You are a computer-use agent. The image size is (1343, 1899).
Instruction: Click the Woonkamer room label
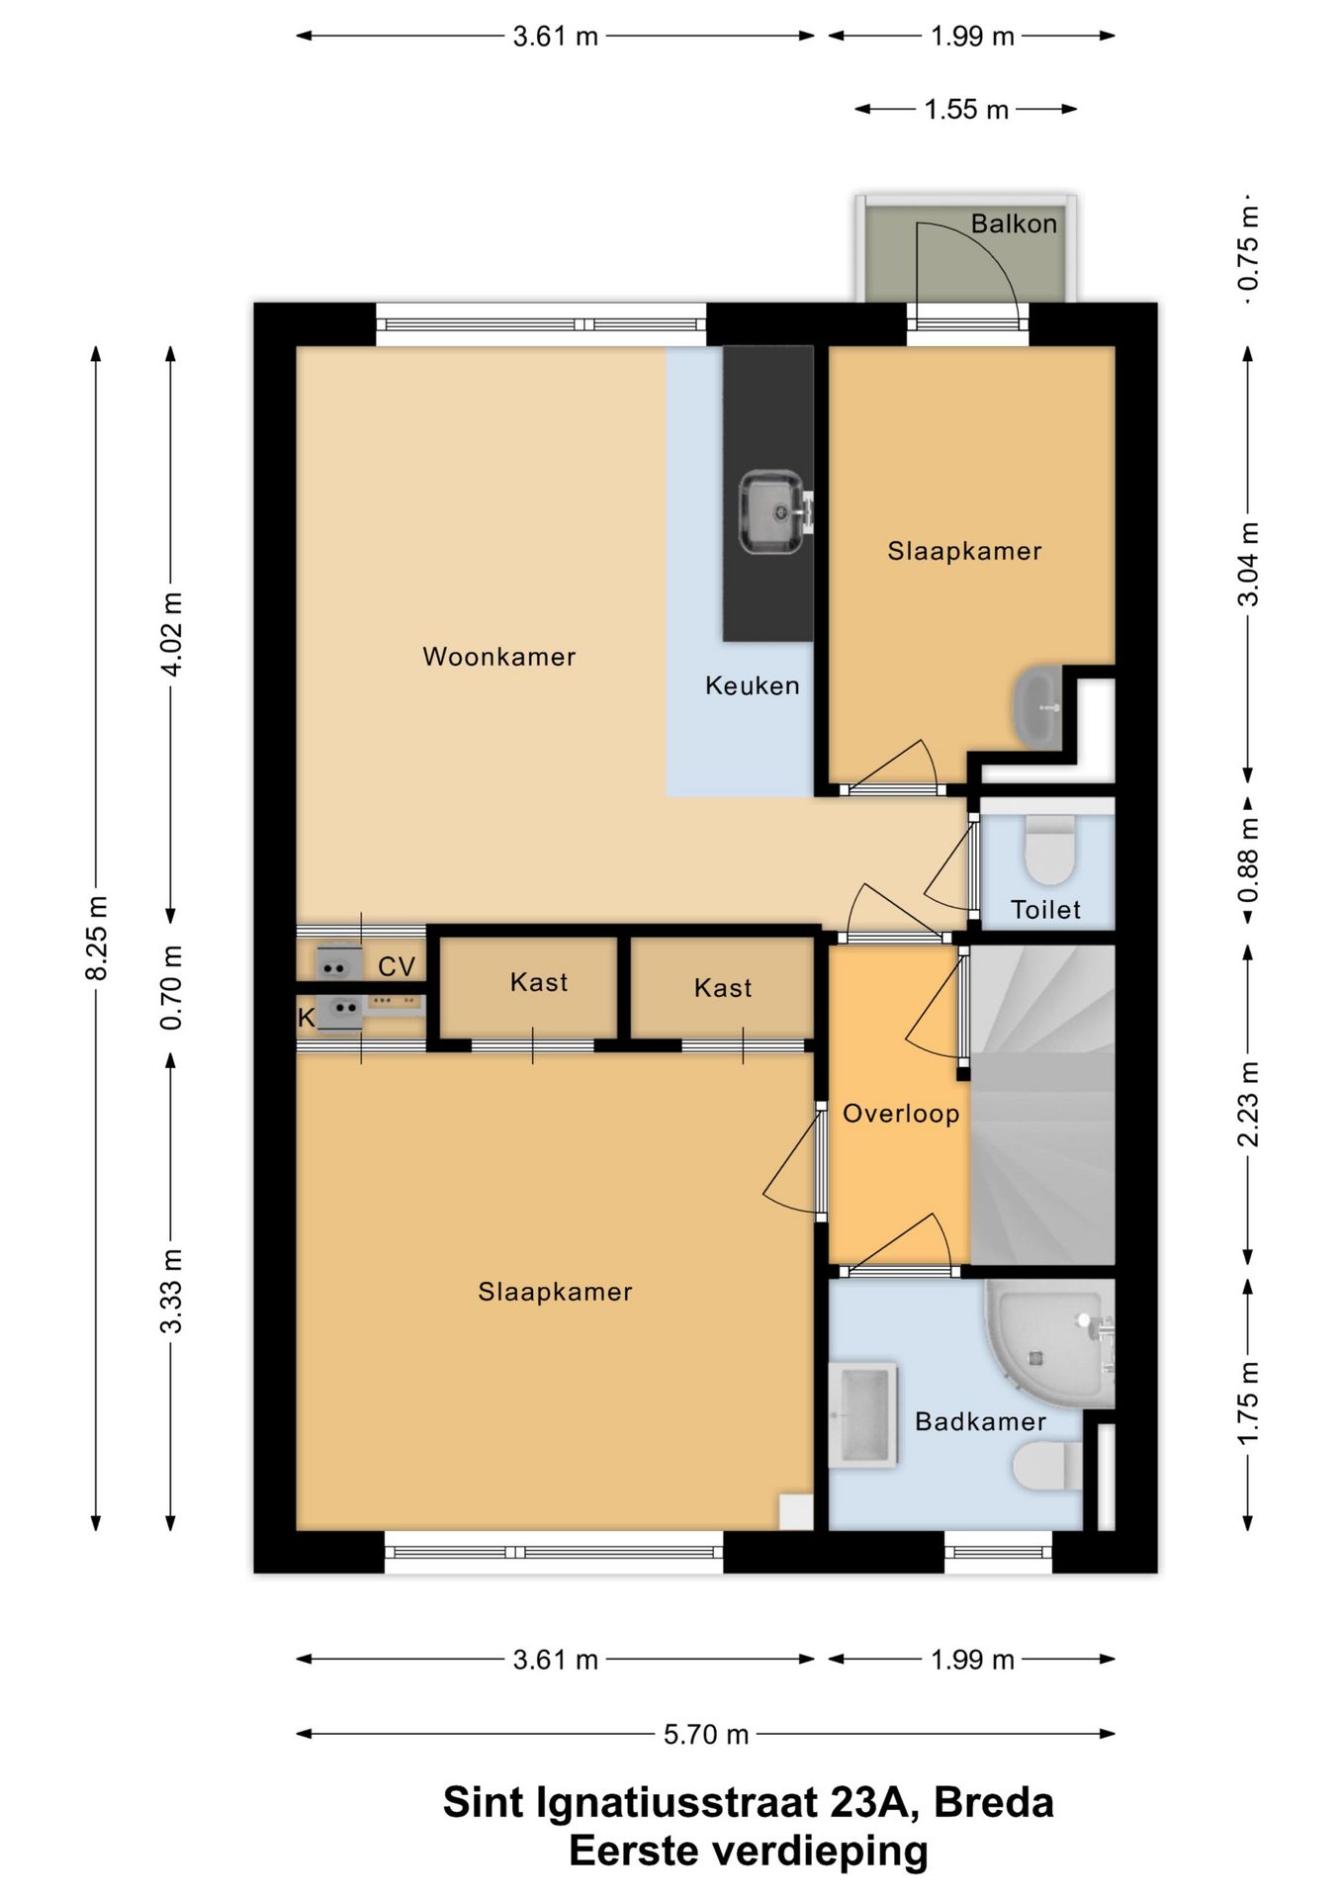(x=498, y=657)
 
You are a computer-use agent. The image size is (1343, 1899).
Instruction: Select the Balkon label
(x=1014, y=224)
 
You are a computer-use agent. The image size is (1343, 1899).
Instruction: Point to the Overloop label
(x=901, y=1114)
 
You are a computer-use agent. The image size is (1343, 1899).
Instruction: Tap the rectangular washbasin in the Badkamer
(x=863, y=1415)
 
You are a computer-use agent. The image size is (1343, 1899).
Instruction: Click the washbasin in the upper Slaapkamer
(x=1037, y=707)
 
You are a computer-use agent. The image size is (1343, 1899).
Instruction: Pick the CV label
(x=397, y=966)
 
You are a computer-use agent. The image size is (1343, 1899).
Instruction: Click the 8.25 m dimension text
(x=96, y=938)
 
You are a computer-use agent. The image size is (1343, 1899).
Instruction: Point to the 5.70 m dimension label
(x=706, y=1734)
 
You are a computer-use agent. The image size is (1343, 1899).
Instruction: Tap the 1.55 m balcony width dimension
(x=966, y=109)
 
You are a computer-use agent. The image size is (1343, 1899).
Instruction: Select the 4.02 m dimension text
(x=171, y=634)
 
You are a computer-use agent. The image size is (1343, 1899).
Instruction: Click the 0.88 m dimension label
(x=1248, y=860)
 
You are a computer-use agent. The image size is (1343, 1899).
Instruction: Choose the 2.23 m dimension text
(x=1248, y=1104)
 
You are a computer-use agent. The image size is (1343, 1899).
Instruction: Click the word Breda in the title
(x=993, y=1803)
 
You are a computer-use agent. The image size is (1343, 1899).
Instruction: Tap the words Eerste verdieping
(x=749, y=1851)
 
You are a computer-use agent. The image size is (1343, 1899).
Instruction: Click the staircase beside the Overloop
(x=1042, y=1105)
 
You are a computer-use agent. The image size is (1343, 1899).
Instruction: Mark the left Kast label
(x=539, y=982)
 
